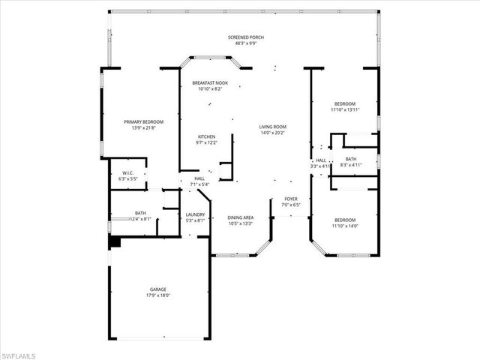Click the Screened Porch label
(x=245, y=37)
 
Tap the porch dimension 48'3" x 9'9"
(x=245, y=43)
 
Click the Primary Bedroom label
(x=143, y=121)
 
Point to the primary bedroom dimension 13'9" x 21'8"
(x=143, y=127)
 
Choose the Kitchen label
(x=206, y=136)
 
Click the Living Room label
(x=273, y=127)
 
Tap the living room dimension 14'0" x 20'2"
(x=273, y=133)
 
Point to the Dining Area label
(x=241, y=217)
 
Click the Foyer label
(x=290, y=199)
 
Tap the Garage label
(x=157, y=289)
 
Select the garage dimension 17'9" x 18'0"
(x=157, y=295)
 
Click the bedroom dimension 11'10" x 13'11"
(x=345, y=109)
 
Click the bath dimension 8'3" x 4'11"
(x=351, y=165)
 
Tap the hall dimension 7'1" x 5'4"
(x=199, y=184)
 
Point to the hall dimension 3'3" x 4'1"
(x=321, y=166)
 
